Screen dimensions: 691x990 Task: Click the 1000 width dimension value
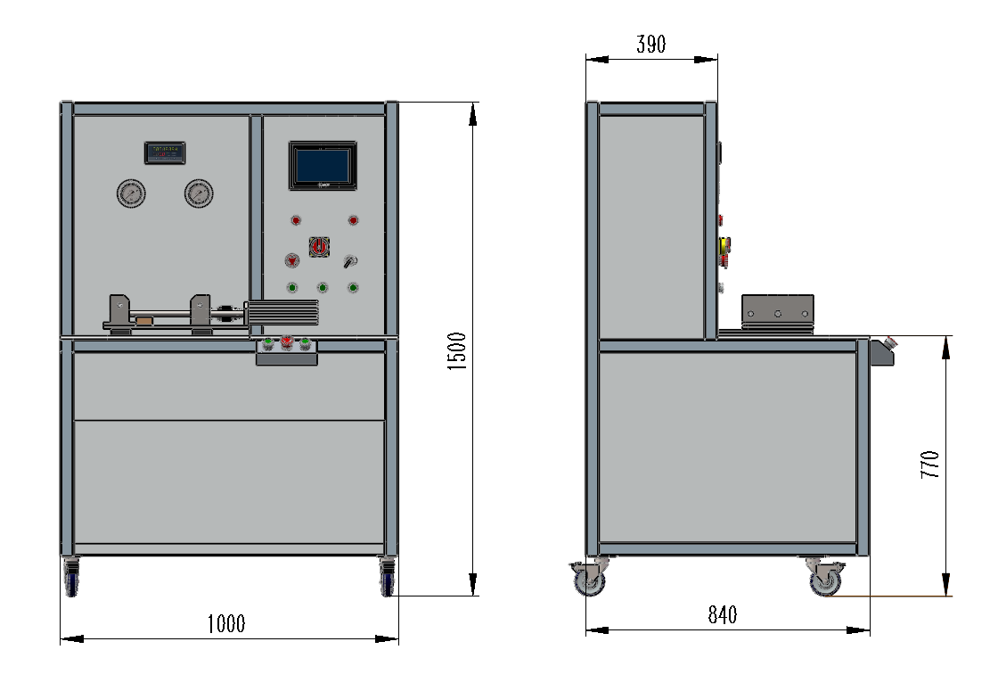[x=225, y=623]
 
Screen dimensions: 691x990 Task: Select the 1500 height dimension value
[x=457, y=350]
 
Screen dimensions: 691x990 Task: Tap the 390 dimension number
[x=650, y=44]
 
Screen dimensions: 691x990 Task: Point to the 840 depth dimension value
[x=723, y=615]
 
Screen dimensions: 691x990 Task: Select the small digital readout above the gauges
[x=165, y=152]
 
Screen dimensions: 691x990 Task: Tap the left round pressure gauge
[x=131, y=193]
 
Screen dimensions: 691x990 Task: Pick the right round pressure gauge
[x=199, y=193]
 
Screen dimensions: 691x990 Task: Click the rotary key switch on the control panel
[x=350, y=261]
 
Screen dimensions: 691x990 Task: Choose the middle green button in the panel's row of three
[x=323, y=287]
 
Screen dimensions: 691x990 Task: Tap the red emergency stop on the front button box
[x=287, y=342]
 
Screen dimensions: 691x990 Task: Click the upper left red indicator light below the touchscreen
[x=294, y=220]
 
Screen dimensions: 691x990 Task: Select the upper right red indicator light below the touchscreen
[x=353, y=220]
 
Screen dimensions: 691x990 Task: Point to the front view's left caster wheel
[x=70, y=580]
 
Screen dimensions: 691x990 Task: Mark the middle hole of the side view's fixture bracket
[x=778, y=314]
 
